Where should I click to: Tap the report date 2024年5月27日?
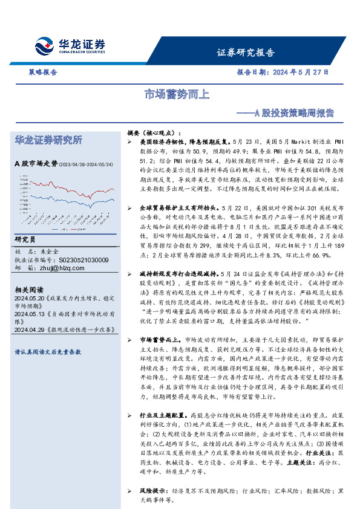pyautogui.click(x=283, y=72)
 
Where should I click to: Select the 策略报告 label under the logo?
pyautogui.click(x=43, y=72)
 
